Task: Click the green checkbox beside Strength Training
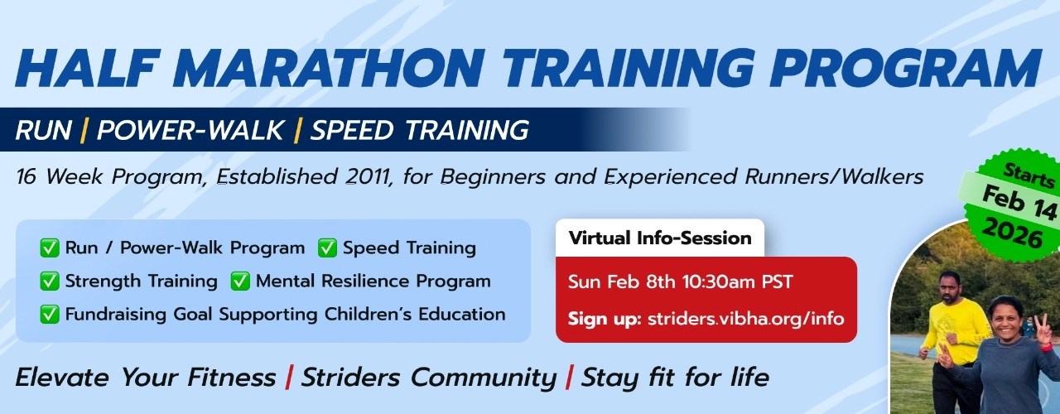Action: tap(49, 282)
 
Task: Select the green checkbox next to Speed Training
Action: tap(327, 248)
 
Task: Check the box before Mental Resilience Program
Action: tap(239, 282)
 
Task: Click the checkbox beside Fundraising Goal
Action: tap(49, 315)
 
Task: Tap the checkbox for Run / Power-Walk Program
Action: tap(49, 248)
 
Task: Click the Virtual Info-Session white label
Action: tap(659, 238)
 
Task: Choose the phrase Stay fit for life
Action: tap(674, 378)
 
